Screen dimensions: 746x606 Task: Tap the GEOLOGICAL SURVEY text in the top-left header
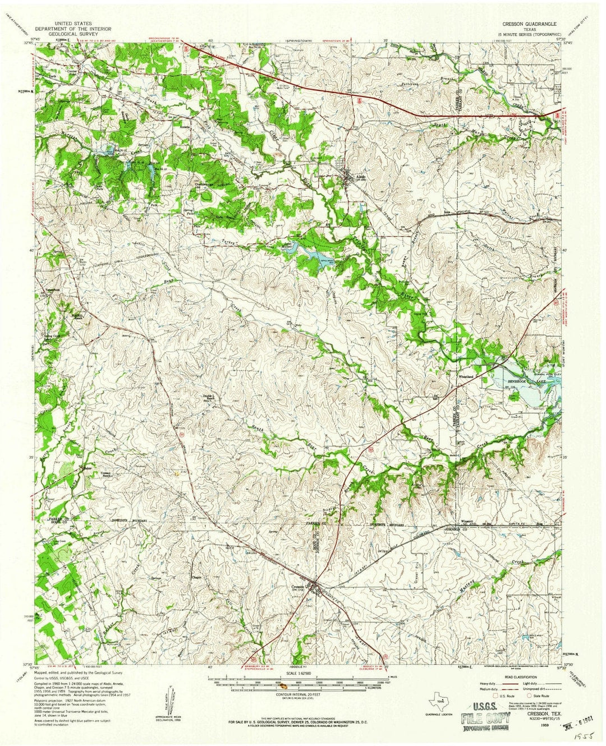click(73, 34)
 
